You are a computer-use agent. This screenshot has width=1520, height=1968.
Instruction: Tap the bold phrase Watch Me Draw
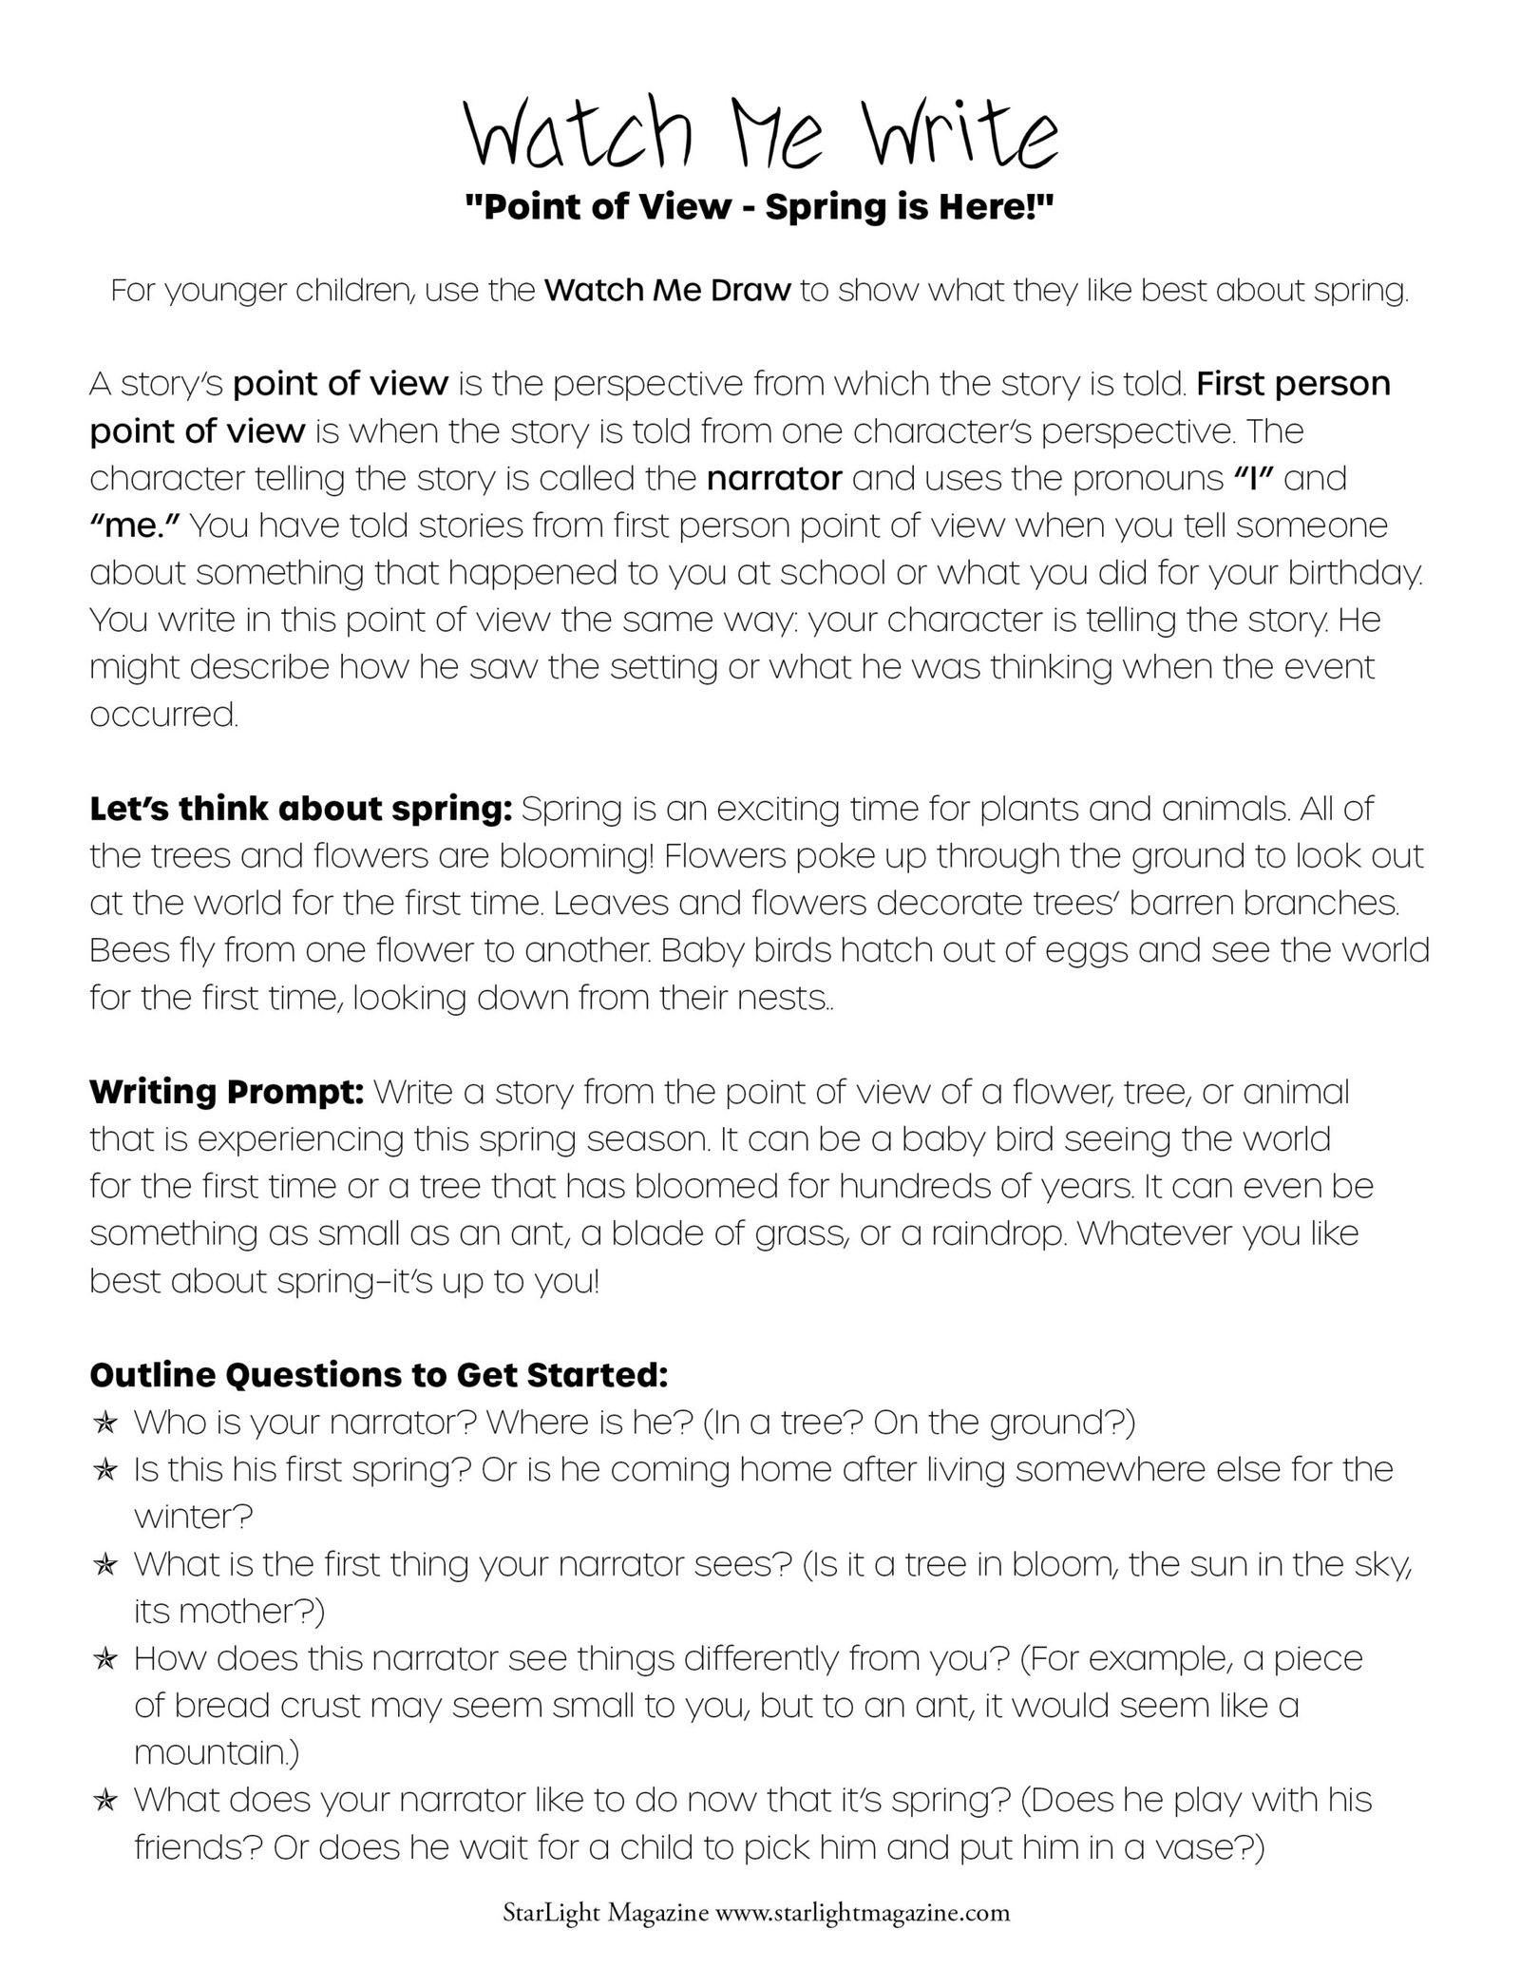point(667,290)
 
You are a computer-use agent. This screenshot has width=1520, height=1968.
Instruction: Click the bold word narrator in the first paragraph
point(774,478)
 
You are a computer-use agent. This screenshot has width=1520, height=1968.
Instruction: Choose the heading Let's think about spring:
point(301,810)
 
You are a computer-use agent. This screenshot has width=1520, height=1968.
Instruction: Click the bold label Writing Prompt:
point(227,1092)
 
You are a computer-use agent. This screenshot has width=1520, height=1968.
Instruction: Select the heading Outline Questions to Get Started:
point(379,1374)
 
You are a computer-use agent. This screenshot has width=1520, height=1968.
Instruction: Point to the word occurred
point(163,715)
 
